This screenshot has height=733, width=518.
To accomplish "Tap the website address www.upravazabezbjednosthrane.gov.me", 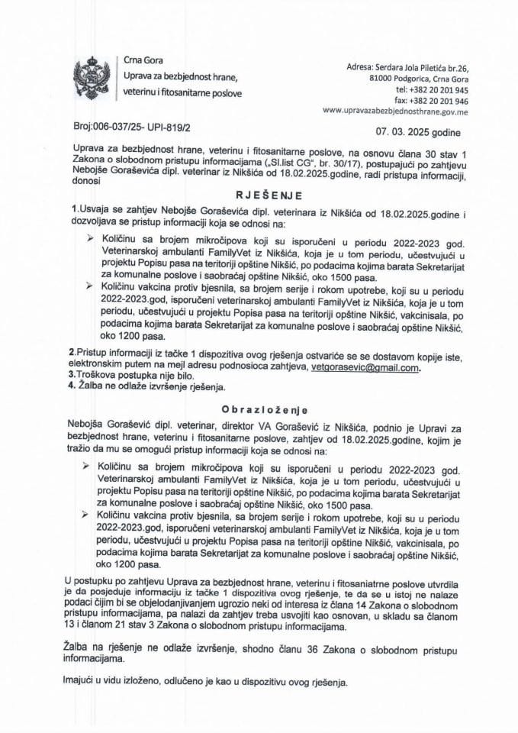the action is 407,111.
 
